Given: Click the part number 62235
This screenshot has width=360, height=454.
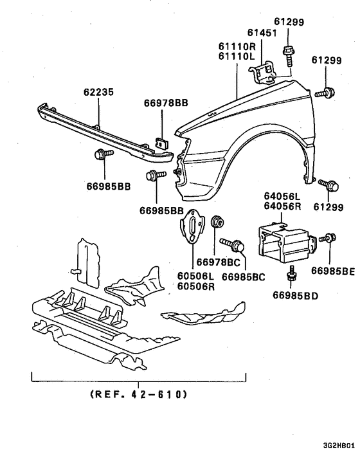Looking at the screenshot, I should click(98, 93).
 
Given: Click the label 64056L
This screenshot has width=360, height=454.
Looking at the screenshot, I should click(283, 196).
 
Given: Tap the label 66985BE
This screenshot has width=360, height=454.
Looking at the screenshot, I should click(333, 271).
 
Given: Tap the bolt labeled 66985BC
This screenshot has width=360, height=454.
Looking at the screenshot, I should click(233, 244).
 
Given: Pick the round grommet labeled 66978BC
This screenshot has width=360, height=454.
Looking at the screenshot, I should click(217, 224).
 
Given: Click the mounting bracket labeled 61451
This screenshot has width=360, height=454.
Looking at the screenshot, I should click(264, 70).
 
